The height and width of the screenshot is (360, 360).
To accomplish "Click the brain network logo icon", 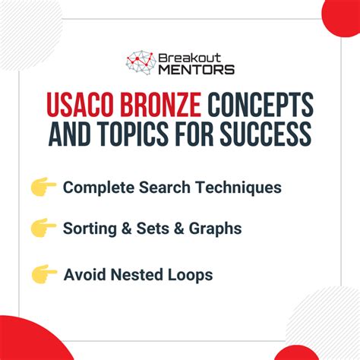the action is [141, 62].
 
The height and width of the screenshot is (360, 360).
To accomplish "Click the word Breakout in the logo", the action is [190, 58].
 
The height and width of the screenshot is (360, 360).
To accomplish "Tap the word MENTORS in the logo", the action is [196, 69].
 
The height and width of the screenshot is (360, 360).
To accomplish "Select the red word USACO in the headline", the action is [80, 104].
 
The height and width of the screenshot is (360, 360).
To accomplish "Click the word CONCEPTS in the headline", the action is [261, 104].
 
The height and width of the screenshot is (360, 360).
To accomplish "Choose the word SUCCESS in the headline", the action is [266, 134].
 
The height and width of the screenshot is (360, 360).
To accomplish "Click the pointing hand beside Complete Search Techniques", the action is [43, 187].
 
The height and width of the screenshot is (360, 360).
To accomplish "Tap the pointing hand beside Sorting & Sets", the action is [43, 228].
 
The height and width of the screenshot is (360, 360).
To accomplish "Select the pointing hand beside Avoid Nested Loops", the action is [44, 274].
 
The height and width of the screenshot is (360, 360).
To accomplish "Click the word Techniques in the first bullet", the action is [238, 188].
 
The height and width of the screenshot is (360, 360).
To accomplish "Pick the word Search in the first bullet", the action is [165, 187].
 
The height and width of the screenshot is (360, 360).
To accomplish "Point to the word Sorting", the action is [90, 229].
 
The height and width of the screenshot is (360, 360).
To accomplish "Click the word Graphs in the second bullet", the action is [215, 229].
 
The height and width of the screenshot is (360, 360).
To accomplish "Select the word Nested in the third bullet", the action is [137, 275].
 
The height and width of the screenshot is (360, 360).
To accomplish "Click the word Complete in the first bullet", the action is [99, 188].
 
